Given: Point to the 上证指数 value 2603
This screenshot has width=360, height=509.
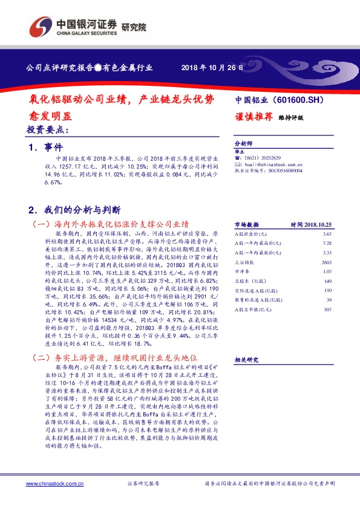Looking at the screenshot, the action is click(327, 262).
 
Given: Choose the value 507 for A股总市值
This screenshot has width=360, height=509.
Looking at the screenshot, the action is click(328, 310).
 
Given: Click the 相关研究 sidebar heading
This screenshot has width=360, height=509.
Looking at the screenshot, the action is click(246, 360).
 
